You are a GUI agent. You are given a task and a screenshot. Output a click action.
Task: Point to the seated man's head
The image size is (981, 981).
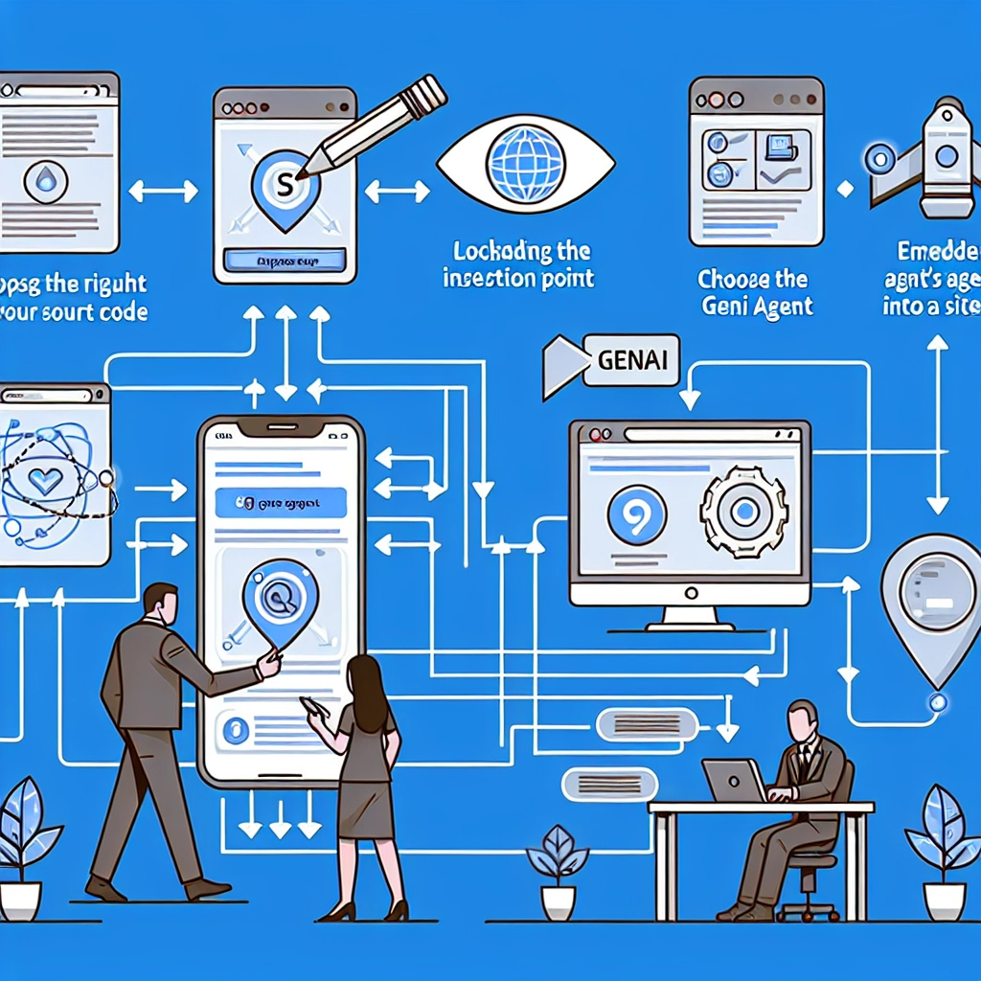click(801, 720)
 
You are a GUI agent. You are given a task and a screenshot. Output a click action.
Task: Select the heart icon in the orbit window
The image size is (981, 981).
click(45, 482)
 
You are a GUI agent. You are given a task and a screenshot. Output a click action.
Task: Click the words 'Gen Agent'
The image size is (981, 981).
click(757, 307)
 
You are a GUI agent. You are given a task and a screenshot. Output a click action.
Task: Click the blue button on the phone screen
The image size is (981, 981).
click(281, 501)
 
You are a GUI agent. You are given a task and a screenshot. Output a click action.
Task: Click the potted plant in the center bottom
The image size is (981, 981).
click(558, 870)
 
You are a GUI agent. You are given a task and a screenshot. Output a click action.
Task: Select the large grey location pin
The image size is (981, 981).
click(928, 596)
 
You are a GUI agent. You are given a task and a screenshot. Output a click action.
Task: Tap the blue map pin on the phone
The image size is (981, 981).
click(279, 602)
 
